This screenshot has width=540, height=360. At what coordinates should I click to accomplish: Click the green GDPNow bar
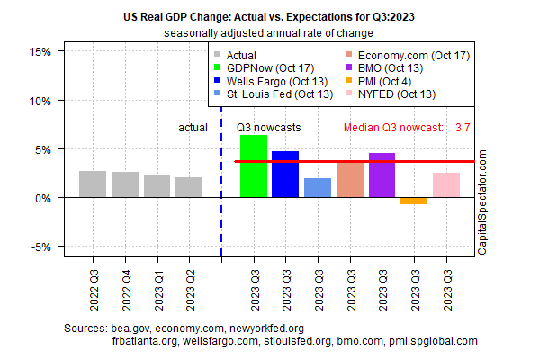[254, 166]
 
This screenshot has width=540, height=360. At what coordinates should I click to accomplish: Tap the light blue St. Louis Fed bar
[318, 188]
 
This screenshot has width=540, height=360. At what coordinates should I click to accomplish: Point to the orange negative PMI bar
[414, 201]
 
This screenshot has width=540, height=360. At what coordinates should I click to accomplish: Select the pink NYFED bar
[446, 185]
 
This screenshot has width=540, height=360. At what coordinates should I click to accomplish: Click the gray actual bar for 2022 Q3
[93, 184]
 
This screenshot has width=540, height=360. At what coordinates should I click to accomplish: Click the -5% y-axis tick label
[43, 247]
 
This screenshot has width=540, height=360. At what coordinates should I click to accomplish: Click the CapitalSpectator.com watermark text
[482, 203]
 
